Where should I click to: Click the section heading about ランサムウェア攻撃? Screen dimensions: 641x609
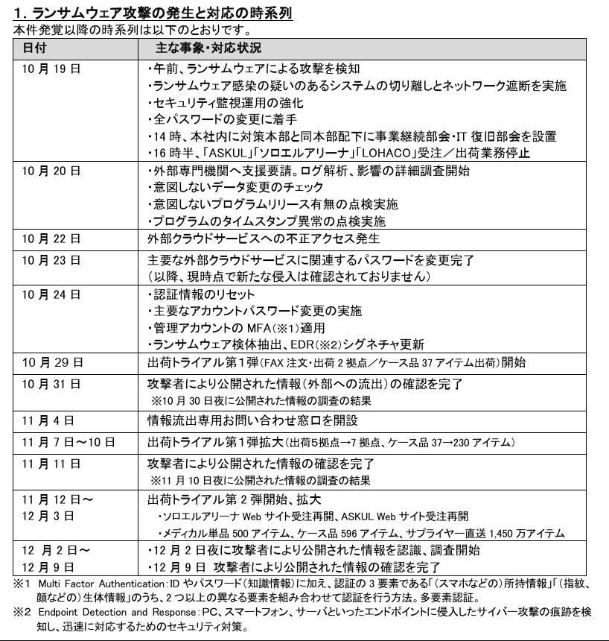coord(153,14)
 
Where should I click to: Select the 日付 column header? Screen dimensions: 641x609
coord(34,48)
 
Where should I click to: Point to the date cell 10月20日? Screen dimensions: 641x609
coord(51,171)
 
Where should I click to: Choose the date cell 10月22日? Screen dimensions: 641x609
coord(51,239)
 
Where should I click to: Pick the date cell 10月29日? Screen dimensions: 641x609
coord(51,362)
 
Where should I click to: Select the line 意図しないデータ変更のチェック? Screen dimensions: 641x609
coord(236,188)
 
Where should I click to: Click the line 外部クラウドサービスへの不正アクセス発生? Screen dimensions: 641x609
coord(263,239)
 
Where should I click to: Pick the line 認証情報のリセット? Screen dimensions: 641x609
coord(202,294)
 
